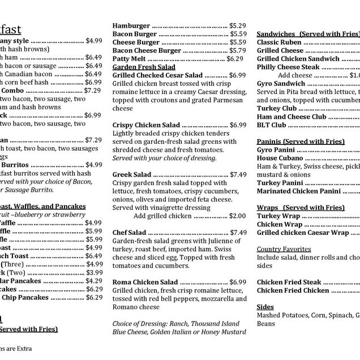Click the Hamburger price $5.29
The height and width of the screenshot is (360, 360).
click(237, 25)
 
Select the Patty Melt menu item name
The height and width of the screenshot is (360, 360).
click(129, 58)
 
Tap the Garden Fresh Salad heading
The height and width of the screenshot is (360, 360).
click(144, 67)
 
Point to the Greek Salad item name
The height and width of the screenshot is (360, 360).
click(132, 174)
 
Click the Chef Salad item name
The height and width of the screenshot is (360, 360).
click(129, 232)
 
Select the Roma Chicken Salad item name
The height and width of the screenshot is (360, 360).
click(145, 282)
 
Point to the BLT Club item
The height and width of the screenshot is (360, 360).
click(272, 125)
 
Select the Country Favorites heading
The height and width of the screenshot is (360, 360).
click(284, 249)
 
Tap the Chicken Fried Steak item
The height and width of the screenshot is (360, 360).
click(289, 282)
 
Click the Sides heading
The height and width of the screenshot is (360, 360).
click(265, 307)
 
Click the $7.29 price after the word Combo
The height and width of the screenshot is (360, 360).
click(92, 90)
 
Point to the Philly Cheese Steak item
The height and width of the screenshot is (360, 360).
click(288, 67)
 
